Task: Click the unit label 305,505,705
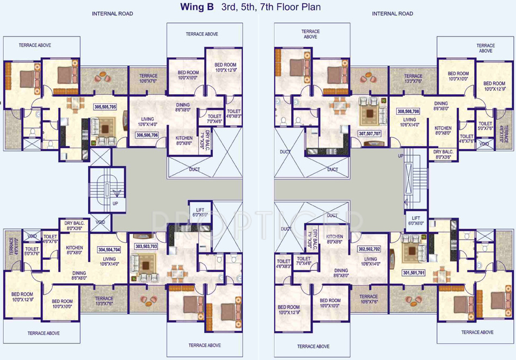(x=105, y=107)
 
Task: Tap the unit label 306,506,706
(x=147, y=135)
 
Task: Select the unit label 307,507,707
(x=370, y=133)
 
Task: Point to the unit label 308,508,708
(x=408, y=111)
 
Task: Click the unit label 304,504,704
(x=109, y=250)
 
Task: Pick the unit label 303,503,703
(x=146, y=246)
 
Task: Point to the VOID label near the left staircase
(x=100, y=222)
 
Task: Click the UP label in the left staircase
(x=115, y=203)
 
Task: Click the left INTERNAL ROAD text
(x=112, y=14)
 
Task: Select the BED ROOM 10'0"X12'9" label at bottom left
(x=22, y=297)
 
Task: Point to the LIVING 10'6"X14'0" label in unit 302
(x=371, y=262)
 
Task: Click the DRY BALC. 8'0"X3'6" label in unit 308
(x=444, y=154)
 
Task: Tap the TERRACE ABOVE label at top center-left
(x=202, y=34)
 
